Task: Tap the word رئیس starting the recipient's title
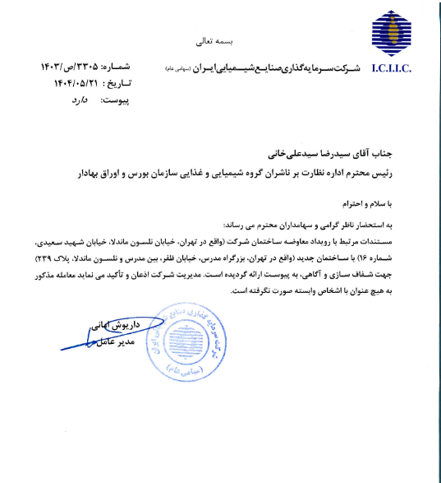(x=411, y=171)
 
